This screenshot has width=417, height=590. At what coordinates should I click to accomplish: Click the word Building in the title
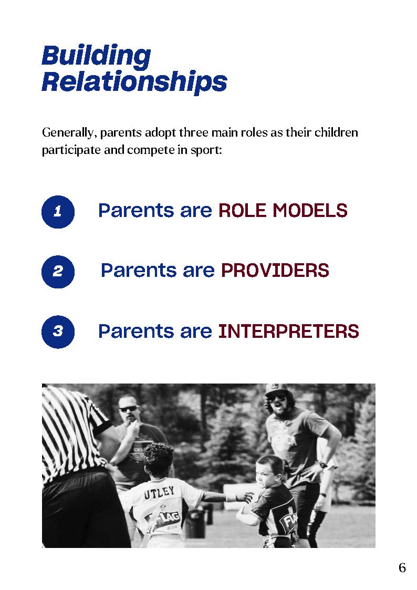[96, 56]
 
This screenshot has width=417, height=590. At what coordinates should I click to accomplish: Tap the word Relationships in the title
[134, 81]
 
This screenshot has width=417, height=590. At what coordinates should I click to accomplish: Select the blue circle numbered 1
[58, 212]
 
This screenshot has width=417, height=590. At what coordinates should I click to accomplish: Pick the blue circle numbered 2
[58, 272]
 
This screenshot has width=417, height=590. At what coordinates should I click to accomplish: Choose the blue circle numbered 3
[58, 332]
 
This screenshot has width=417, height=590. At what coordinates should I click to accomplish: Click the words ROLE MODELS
[283, 211]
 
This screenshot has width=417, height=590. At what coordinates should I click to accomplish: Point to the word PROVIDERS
[275, 271]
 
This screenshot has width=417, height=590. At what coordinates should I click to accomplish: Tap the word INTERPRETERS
[288, 332]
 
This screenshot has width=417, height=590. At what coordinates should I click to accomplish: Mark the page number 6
[402, 567]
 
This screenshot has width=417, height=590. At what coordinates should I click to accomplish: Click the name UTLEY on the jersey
[159, 492]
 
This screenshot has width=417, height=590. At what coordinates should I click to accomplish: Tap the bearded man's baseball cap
[276, 389]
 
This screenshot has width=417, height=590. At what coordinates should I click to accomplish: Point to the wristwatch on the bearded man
[323, 465]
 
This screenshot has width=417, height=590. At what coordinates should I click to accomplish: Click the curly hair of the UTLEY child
[158, 457]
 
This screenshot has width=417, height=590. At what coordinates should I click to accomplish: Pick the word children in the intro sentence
[336, 133]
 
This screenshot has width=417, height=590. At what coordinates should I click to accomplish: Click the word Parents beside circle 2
[139, 271]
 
